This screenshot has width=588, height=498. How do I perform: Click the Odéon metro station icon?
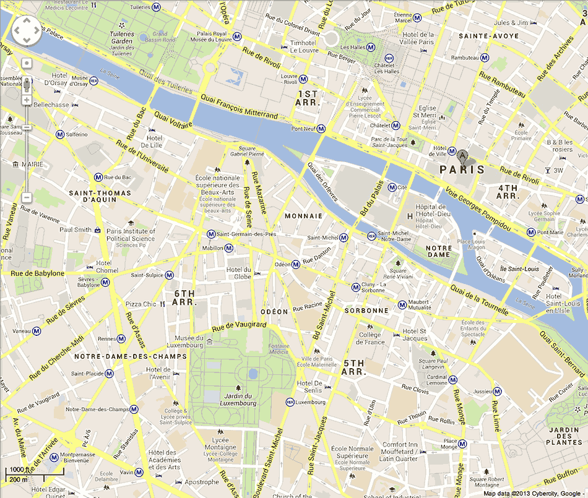[296, 264]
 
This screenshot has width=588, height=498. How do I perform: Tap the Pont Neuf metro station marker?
[324, 129]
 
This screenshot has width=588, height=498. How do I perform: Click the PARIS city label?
[462, 169]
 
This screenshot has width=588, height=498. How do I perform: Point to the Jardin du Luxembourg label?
[238, 400]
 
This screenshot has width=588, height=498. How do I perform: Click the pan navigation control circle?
[27, 30]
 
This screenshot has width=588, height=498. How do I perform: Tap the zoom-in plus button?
[27, 100]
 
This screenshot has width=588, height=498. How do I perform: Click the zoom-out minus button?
[27, 197]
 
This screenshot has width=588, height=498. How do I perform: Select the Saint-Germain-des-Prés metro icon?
[211, 234]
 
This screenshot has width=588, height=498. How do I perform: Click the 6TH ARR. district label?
[184, 298]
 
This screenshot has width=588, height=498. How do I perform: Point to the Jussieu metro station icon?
[497, 391]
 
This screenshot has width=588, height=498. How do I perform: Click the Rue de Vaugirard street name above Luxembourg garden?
[239, 325]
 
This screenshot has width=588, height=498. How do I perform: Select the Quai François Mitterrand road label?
[238, 106]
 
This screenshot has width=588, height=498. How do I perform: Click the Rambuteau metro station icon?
[485, 58]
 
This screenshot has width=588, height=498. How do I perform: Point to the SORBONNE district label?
[366, 311]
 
